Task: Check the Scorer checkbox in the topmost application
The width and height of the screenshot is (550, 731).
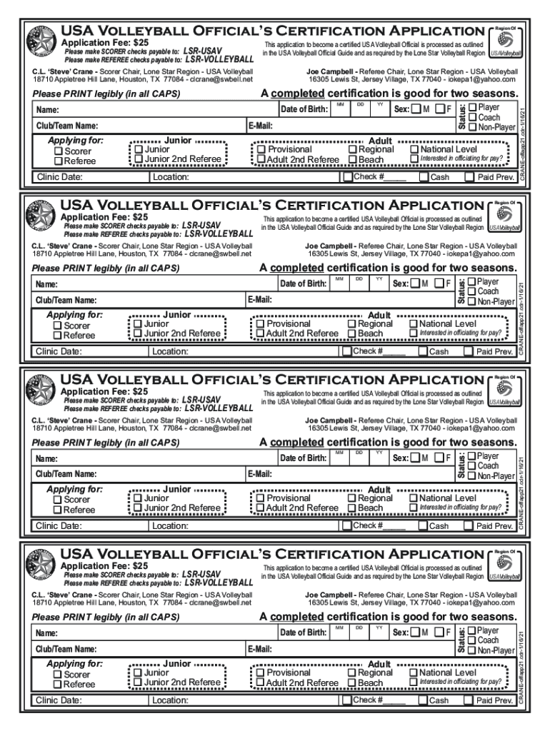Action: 59,152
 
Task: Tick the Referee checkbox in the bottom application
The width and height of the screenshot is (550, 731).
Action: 59,685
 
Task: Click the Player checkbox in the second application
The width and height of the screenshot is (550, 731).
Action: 472,283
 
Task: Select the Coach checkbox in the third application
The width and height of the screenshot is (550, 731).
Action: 472,465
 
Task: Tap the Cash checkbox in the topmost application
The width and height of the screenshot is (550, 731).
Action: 424,177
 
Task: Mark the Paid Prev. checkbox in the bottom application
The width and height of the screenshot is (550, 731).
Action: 469,700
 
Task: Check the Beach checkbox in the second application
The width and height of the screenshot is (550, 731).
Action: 352,333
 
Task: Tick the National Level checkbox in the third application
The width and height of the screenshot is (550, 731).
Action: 413,498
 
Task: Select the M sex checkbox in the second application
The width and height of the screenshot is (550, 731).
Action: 416,284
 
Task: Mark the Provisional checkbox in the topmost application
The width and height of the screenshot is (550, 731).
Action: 261,150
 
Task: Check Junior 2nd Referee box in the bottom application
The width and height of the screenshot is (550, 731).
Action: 139,682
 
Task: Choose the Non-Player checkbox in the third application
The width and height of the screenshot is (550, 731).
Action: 472,475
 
